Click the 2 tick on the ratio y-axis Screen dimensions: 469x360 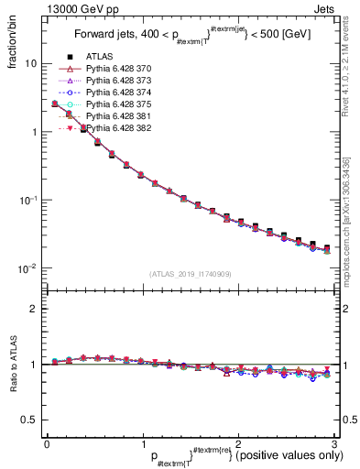[33, 310]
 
